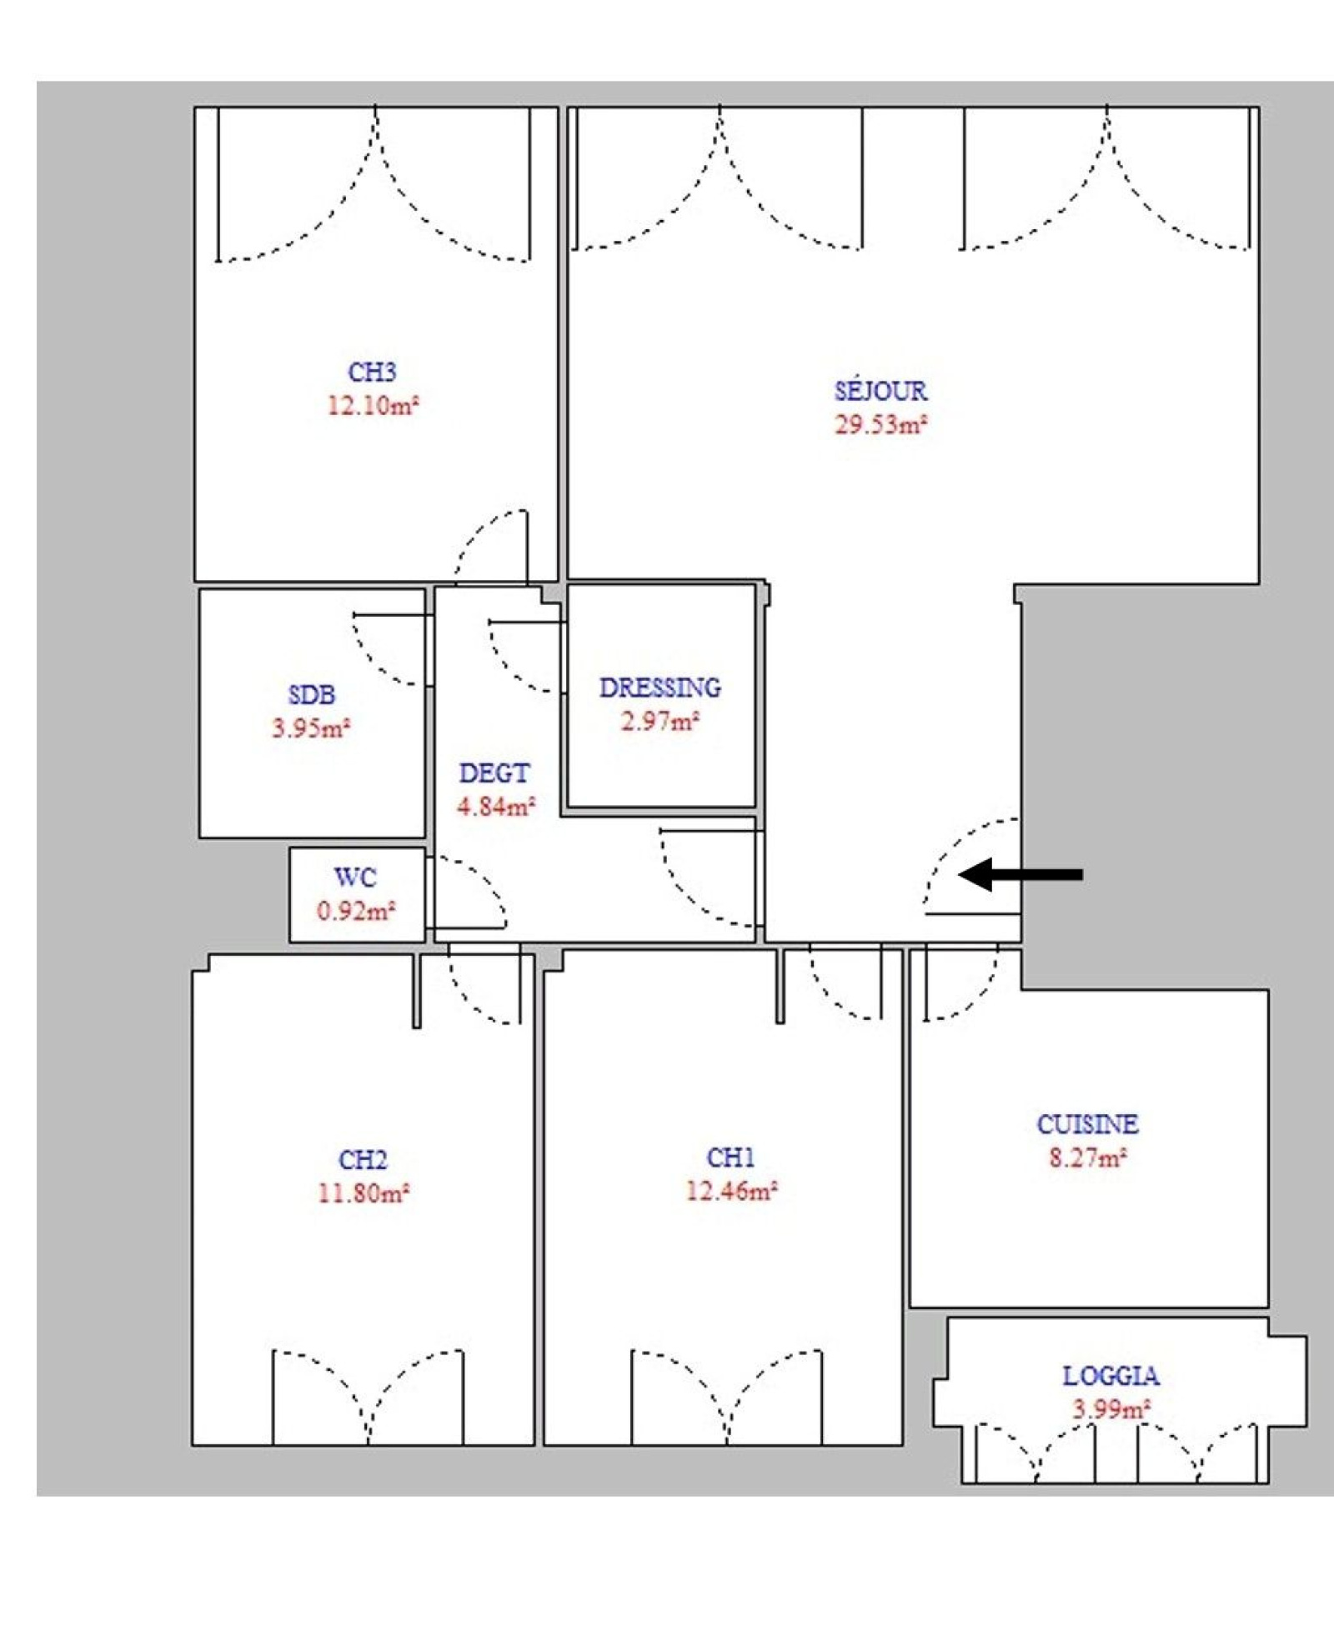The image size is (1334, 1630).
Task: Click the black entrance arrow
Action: (1021, 874)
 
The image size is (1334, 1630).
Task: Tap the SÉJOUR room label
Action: (880, 391)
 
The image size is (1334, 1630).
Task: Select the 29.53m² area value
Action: (881, 424)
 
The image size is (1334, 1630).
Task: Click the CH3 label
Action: (372, 372)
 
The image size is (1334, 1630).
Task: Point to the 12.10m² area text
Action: (372, 405)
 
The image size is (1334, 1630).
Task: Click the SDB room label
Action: (312, 694)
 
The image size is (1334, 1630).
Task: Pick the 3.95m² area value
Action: (311, 727)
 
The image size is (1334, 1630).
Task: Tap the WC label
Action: (355, 877)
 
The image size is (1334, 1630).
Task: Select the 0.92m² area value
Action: (355, 911)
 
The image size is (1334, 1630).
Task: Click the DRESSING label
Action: (660, 687)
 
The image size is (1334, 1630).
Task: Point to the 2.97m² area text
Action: (659, 721)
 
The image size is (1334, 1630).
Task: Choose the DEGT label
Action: (494, 773)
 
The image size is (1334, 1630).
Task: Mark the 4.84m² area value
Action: (496, 807)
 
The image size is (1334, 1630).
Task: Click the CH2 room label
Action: (363, 1159)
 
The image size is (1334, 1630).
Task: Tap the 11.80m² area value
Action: (363, 1192)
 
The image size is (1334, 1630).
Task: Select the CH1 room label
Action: (731, 1157)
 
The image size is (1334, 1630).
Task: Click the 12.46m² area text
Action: (731, 1191)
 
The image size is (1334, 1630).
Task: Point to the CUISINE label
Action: (1087, 1124)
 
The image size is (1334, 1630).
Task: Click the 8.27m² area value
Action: (1088, 1157)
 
